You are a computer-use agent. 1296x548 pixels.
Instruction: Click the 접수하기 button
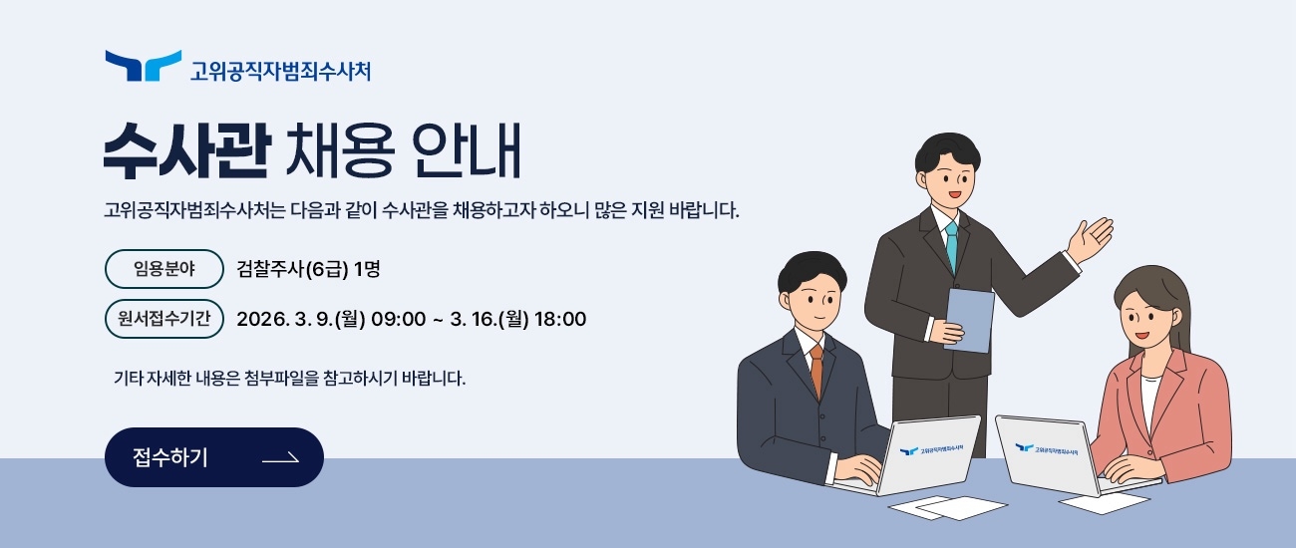click(x=213, y=457)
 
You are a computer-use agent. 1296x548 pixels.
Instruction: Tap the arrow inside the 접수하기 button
click(x=280, y=458)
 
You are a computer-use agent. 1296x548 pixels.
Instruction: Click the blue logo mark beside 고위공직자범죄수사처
click(x=143, y=67)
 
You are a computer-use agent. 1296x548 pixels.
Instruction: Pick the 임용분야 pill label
click(x=163, y=268)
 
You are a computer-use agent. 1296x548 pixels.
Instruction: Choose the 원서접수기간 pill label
click(x=163, y=319)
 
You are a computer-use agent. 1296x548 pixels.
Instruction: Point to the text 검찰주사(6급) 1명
click(x=309, y=268)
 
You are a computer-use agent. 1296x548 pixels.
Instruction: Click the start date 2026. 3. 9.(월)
click(x=300, y=319)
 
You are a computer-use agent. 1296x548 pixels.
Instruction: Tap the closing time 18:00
click(x=560, y=319)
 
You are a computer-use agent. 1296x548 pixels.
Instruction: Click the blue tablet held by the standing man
click(x=969, y=319)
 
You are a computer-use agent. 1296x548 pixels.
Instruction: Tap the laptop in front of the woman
click(x=1045, y=453)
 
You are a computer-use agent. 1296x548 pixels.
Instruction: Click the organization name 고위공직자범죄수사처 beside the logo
click(x=280, y=71)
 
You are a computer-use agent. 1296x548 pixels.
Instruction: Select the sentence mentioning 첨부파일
click(x=289, y=379)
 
